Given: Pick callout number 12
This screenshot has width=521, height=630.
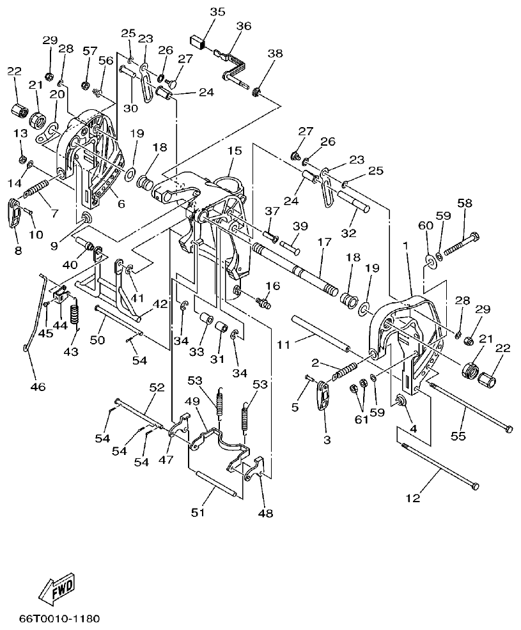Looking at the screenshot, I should pos(413,498).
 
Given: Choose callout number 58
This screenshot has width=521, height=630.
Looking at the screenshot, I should pos(465,203).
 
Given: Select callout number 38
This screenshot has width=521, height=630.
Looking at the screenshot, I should pos(275,54).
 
